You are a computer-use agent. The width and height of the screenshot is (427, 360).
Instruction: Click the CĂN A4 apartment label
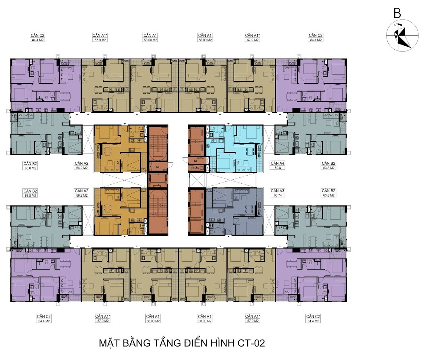277,163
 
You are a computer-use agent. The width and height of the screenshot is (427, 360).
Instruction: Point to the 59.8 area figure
277,168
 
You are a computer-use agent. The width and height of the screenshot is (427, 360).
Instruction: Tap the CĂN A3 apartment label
277,191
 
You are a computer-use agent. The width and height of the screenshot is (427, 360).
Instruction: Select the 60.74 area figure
277,195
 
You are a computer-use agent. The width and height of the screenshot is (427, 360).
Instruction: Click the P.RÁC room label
195,168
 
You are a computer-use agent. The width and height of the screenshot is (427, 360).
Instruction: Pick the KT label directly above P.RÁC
196,161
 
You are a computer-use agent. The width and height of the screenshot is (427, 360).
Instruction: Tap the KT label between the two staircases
158,167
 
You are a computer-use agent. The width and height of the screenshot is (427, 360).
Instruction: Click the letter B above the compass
397,13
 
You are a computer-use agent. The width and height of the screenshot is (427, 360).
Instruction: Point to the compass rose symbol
402,35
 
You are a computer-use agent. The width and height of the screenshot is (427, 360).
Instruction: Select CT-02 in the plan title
251,343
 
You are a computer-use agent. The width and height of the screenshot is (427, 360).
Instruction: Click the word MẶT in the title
109,343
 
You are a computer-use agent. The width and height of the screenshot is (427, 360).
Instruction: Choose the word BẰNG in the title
136,343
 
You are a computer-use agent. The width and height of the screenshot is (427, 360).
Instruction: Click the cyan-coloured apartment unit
234,148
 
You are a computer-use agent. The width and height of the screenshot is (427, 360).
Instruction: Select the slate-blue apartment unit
234,212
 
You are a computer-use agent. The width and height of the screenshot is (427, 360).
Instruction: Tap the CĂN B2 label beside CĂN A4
329,163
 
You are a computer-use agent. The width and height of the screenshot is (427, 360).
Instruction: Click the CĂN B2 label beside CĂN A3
329,191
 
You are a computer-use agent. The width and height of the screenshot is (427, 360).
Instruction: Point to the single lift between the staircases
158,180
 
